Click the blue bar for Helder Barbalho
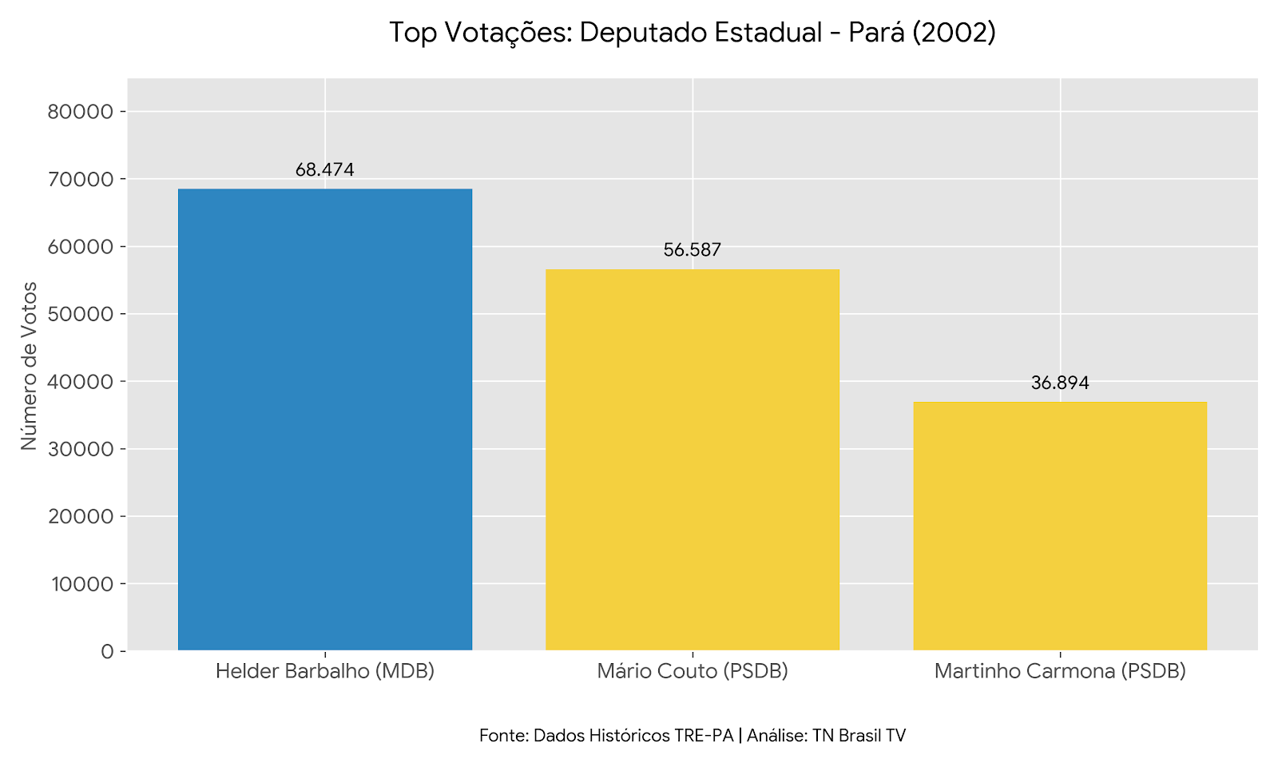[x=324, y=419]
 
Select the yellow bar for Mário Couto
[x=692, y=459]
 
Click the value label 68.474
[x=324, y=169]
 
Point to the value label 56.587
[x=692, y=250]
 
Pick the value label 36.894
[x=1059, y=383]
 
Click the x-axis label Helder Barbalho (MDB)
[x=324, y=671]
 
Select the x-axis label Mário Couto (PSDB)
[x=692, y=671]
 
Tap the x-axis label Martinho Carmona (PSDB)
[x=1059, y=671]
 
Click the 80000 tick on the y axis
[x=81, y=112]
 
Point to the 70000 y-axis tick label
[x=81, y=179]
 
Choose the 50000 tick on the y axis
[x=81, y=314]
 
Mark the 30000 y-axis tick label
[x=81, y=449]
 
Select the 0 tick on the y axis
[x=108, y=651]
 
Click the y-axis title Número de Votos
[x=29, y=365]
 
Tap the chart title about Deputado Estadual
[x=692, y=33]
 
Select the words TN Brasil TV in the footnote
[x=859, y=736]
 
